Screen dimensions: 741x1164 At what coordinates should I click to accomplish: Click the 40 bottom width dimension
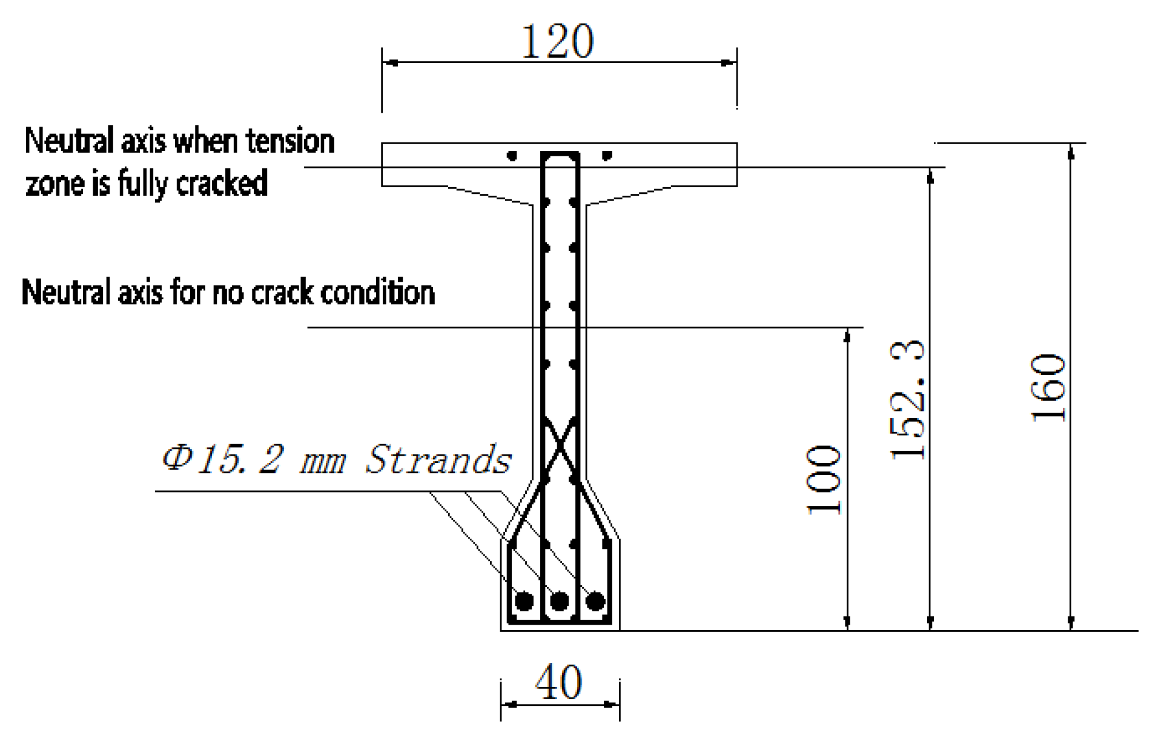[x=558, y=682]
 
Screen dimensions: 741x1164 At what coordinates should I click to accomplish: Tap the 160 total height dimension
[x=1048, y=388]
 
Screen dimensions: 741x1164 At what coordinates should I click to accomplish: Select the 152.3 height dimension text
[x=907, y=400]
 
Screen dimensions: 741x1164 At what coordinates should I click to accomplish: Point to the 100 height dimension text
[x=824, y=480]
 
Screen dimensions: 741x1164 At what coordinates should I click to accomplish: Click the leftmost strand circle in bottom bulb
[x=524, y=601]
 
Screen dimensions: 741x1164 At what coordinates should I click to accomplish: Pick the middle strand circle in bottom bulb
[x=559, y=601]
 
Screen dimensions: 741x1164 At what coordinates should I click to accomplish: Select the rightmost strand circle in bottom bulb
[x=595, y=601]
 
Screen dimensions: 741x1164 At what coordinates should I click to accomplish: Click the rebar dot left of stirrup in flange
[x=512, y=156]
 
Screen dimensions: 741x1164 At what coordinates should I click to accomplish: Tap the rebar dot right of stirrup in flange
[x=607, y=156]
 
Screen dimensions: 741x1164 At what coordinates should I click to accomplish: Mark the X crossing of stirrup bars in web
[x=560, y=447]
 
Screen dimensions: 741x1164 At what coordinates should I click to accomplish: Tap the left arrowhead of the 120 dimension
[x=391, y=62]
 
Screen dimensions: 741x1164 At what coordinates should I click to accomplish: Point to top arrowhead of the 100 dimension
[x=847, y=335]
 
